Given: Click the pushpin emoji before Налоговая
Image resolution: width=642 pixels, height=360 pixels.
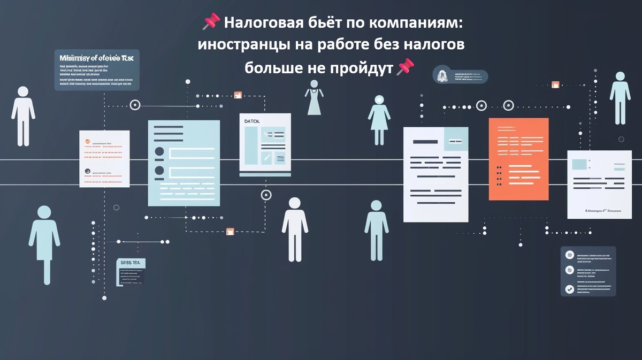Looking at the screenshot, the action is [x=211, y=22].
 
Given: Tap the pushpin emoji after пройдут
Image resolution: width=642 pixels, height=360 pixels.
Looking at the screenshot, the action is [x=405, y=67].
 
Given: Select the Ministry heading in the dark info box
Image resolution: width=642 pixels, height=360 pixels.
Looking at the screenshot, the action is [x=96, y=58].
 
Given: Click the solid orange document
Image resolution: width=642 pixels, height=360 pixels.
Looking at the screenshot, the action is [x=518, y=159].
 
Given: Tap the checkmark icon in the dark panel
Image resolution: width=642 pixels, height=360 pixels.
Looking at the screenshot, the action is [x=570, y=289].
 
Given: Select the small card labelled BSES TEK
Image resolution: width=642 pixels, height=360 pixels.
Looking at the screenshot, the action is [x=131, y=272].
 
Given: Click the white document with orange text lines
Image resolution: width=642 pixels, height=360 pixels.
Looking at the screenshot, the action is [x=104, y=159].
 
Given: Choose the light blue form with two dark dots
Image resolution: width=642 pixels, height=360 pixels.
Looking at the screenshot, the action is [x=184, y=163].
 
